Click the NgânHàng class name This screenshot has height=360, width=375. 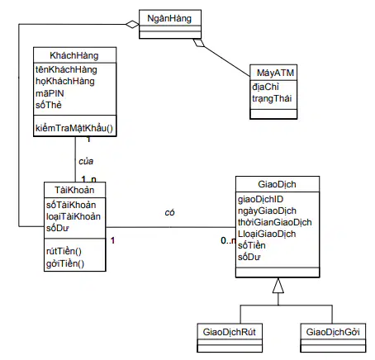(169, 18)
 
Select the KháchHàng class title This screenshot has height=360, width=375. (74, 55)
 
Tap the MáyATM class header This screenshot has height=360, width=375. (275, 73)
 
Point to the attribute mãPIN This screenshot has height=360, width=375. (50, 93)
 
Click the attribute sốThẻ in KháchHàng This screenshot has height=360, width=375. (49, 105)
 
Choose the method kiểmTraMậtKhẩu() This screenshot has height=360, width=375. (74, 128)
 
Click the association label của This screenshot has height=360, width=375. (86, 161)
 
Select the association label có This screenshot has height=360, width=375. (169, 212)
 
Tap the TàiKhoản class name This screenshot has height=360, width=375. (74, 190)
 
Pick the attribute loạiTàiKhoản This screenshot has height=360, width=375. (74, 216)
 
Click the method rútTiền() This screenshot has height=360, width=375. (64, 251)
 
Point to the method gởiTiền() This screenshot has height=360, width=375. (65, 263)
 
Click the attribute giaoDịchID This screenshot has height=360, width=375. (260, 199)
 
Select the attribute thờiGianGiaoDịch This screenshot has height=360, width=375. (275, 222)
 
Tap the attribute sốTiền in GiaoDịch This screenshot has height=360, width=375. (252, 245)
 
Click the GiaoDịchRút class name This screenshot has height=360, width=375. (230, 332)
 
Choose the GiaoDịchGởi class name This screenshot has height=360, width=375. (333, 332)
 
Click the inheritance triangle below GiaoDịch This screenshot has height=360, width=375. (278, 286)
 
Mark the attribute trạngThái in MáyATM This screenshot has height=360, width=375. (272, 98)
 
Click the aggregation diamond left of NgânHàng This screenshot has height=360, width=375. (132, 24)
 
